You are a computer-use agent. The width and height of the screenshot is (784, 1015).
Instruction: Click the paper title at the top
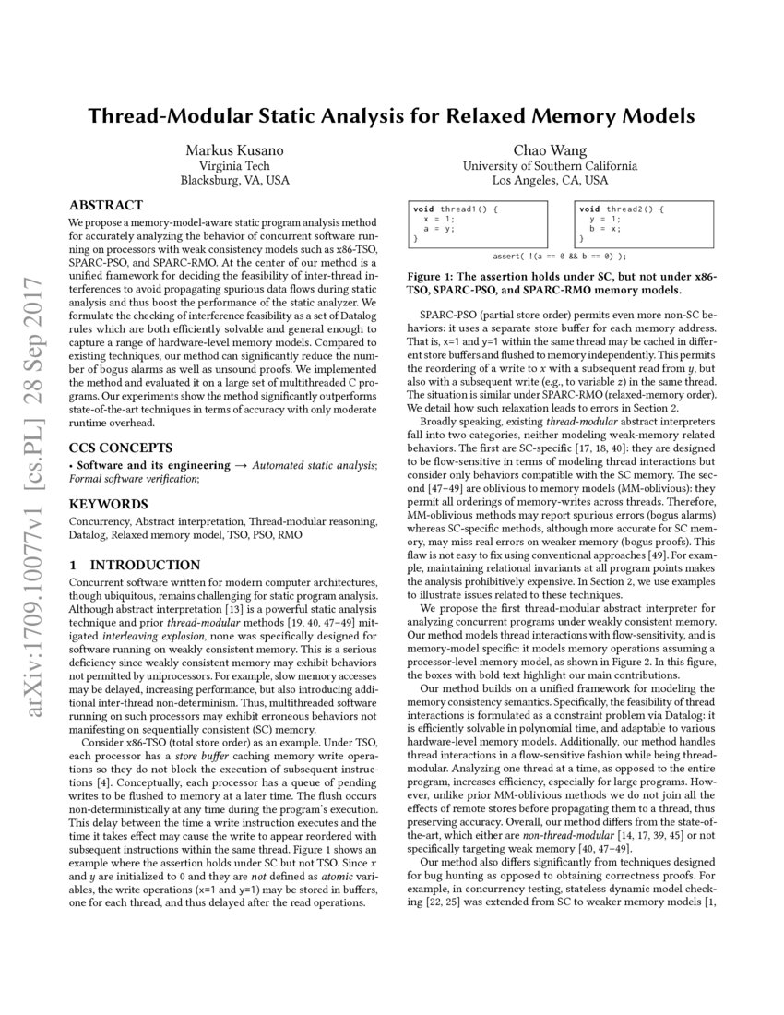pyautogui.click(x=391, y=117)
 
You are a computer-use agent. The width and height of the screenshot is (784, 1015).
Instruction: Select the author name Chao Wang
pyautogui.click(x=550, y=149)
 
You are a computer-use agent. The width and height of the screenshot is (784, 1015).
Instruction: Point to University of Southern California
pyautogui.click(x=550, y=165)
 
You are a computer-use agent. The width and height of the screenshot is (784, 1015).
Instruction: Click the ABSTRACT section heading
pyautogui.click(x=106, y=205)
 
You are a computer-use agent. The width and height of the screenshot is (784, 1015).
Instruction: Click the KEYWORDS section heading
pyautogui.click(x=109, y=505)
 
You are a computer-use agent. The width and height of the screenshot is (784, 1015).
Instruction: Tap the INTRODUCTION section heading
pyautogui.click(x=135, y=565)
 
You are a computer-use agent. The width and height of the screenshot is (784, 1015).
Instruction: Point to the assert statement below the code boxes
pyautogui.click(x=560, y=256)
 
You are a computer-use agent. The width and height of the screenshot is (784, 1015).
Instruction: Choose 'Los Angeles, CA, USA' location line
pyautogui.click(x=550, y=181)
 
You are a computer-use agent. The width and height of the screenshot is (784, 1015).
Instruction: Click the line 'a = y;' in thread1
pyautogui.click(x=438, y=228)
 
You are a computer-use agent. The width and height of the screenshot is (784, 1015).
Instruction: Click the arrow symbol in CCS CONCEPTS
pyautogui.click(x=239, y=465)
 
